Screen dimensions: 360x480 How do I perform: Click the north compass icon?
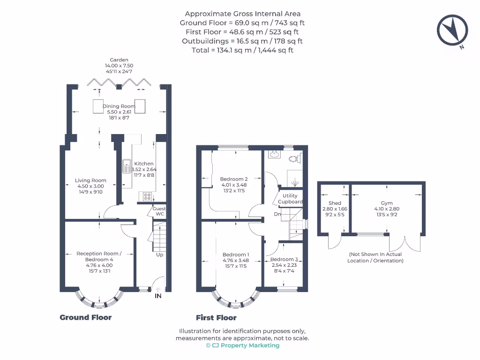pos(452,30)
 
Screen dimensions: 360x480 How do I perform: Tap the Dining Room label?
pos(119,106)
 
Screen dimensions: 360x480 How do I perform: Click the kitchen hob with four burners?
pos(145,196)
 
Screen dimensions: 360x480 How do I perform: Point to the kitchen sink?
pos(127,166)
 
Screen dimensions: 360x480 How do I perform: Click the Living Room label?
pos(90,180)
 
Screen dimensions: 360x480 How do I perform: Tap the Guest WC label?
pos(160,211)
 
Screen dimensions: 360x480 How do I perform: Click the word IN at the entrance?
pos(158,296)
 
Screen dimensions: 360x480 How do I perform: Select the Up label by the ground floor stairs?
pos(159,255)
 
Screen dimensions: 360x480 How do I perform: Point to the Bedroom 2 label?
pos(234,179)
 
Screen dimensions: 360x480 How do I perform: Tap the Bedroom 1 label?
pos(235,255)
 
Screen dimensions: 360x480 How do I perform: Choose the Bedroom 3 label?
pos(284,260)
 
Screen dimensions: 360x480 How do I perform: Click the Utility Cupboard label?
pos(290,199)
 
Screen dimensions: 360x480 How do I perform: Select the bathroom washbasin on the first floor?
pos(275,154)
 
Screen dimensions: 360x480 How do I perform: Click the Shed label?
pos(335,203)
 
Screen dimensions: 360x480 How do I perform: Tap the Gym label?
pos(387,203)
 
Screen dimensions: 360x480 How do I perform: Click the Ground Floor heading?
pos(85,317)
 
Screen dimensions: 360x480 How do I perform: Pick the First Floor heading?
pos(216,317)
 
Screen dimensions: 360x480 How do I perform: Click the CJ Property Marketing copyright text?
pos(242,345)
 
